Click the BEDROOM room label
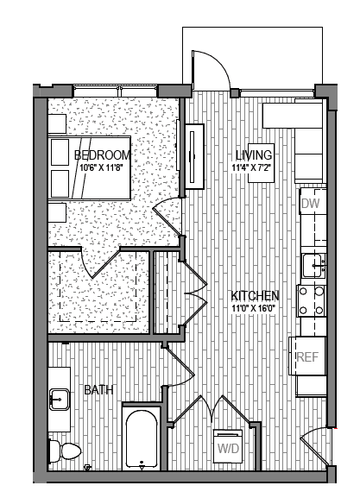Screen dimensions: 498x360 point(101,155)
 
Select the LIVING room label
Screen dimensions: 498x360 point(254,155)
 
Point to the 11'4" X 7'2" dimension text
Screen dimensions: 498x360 point(254,167)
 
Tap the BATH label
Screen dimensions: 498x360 point(98,390)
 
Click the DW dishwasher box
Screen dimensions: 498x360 point(310,204)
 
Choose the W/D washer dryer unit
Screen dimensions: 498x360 point(228,448)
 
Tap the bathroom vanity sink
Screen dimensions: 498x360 point(59,400)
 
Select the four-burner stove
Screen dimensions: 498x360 point(311,300)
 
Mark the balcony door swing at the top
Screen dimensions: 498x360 point(206,69)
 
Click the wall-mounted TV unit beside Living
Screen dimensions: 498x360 point(194,155)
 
